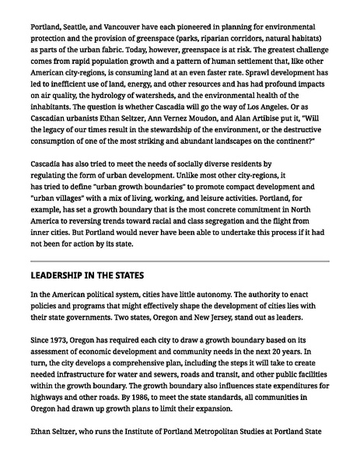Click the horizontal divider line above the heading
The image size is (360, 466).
pos(180,261)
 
